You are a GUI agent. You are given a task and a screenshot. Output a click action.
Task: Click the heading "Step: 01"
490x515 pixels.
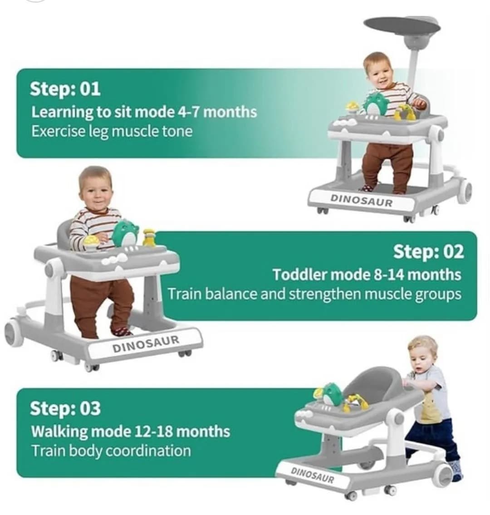tap(65, 88)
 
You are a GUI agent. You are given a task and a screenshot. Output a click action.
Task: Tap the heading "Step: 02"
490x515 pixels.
tap(429, 252)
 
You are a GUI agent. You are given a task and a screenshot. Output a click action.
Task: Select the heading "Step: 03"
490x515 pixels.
tap(65, 408)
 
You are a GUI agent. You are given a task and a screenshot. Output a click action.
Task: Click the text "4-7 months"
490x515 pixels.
tap(217, 112)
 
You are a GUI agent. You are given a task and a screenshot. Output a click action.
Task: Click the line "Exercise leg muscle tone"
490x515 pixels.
tap(112, 132)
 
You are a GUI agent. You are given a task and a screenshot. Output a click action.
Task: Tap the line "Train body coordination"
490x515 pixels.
tap(111, 451)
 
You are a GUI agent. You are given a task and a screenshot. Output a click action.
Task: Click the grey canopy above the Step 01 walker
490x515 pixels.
tap(402, 25)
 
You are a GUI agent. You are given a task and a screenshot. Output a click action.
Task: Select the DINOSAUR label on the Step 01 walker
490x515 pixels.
tap(361, 200)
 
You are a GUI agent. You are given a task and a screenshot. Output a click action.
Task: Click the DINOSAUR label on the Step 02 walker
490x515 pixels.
tap(146, 344)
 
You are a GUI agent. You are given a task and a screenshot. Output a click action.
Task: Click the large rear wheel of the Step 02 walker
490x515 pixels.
tap(14, 334)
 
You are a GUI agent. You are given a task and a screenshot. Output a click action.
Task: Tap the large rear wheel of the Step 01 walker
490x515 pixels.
tap(465, 191)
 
